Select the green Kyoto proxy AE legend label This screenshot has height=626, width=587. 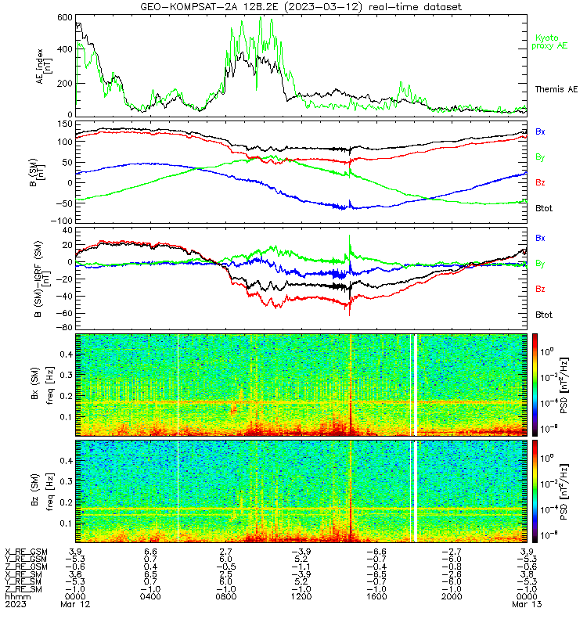tap(549, 42)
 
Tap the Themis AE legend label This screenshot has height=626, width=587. tap(556, 89)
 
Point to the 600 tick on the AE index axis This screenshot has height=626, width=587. tap(65, 17)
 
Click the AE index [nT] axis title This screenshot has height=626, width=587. tap(44, 66)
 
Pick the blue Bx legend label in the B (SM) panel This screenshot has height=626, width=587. tap(540, 131)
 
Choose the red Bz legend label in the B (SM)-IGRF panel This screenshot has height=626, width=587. tap(540, 289)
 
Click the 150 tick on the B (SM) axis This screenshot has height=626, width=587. tap(65, 124)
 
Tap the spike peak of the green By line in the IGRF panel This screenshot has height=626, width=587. tap(350, 236)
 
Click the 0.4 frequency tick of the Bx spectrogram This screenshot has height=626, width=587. tap(67, 354)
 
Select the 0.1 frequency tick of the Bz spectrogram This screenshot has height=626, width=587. tap(67, 523)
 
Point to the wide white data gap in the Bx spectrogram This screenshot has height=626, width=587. tap(416, 385)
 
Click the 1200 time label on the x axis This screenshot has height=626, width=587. tap(301, 597)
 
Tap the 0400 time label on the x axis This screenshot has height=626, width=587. tap(150, 597)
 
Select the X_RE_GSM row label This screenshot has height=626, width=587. tap(26, 552)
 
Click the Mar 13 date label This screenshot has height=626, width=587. tap(527, 604)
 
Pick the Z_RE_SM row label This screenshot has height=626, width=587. tap(23, 589)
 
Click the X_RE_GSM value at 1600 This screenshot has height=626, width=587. tap(376, 552)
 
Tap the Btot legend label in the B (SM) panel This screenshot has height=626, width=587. tap(544, 208)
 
